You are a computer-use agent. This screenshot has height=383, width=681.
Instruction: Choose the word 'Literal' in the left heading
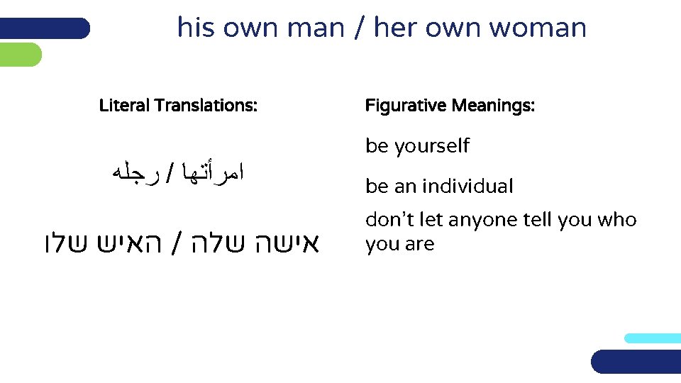tap(124, 106)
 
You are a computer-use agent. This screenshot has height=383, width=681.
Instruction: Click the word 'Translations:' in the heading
tap(206, 106)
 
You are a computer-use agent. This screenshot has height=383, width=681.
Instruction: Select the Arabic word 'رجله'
tap(129, 171)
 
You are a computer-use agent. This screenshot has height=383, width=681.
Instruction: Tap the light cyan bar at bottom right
tap(652, 338)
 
